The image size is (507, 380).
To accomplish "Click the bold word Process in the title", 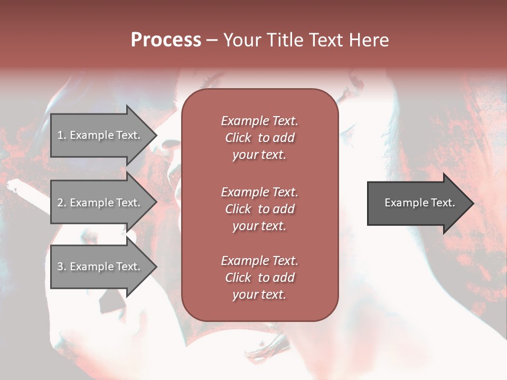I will pos(166,40).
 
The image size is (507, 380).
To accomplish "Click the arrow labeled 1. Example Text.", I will pos(100,135).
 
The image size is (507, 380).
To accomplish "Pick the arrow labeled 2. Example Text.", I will pos(100,203).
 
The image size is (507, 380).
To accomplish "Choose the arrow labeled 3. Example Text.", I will pos(100,267).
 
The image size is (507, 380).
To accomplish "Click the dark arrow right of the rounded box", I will pos(417,203).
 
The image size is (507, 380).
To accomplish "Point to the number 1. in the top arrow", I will pos(61,135).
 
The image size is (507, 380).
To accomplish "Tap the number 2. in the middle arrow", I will pos(61,203).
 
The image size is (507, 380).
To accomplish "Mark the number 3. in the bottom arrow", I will pos(61,267).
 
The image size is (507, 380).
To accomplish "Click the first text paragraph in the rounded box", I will pos(259,138).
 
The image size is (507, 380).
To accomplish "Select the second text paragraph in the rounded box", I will pos(259,209).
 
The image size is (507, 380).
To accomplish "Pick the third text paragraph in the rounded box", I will pos(259,278).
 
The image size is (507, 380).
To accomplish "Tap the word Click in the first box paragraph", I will pos(238,138).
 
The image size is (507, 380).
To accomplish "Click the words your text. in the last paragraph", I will pos(259,295).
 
